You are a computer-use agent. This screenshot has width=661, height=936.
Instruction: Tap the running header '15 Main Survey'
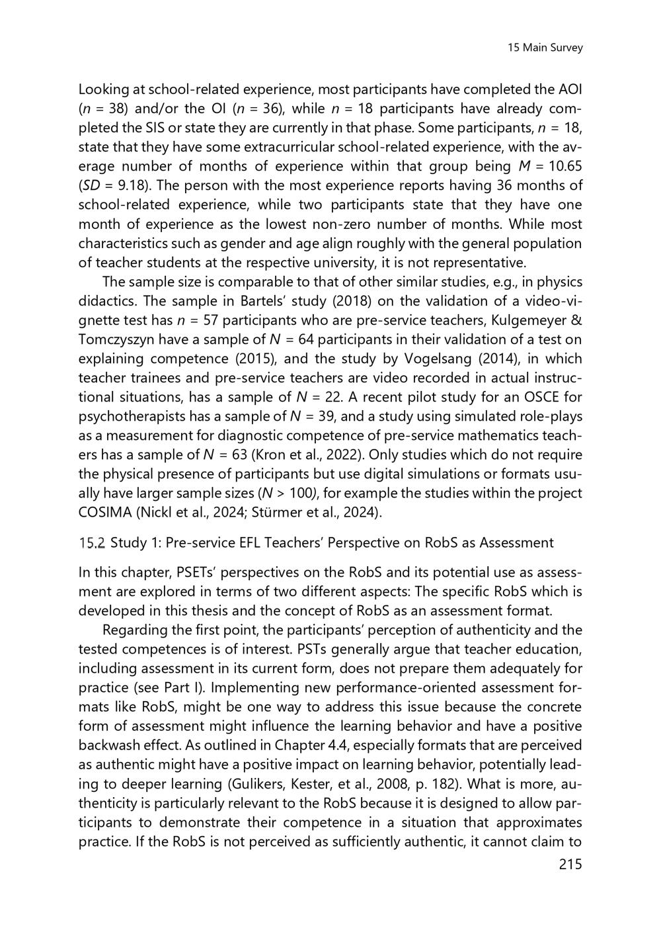(545, 48)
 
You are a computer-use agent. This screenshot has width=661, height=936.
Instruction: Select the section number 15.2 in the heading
(92, 543)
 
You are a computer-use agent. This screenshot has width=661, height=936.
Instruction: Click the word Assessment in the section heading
(516, 543)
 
